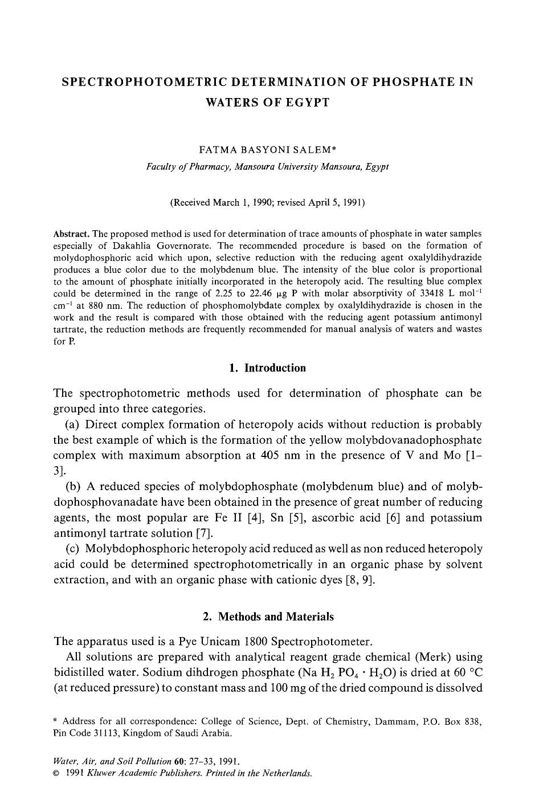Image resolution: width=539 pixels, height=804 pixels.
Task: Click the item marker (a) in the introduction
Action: [x=72, y=425]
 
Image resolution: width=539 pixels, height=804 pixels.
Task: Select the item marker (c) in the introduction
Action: [x=72, y=549]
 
